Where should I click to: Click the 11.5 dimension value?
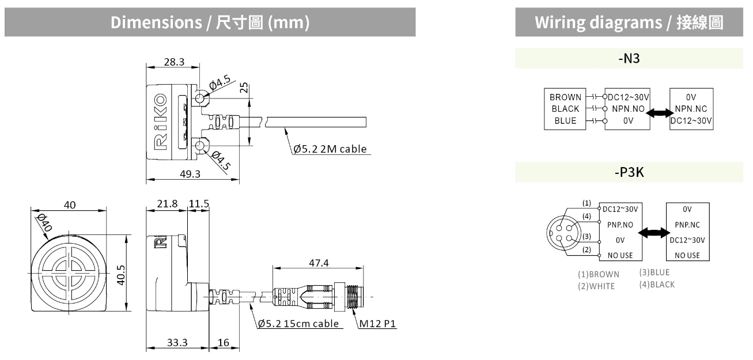[199, 204]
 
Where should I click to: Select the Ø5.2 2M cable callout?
[330, 149]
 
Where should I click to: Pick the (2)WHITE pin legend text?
[596, 286]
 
